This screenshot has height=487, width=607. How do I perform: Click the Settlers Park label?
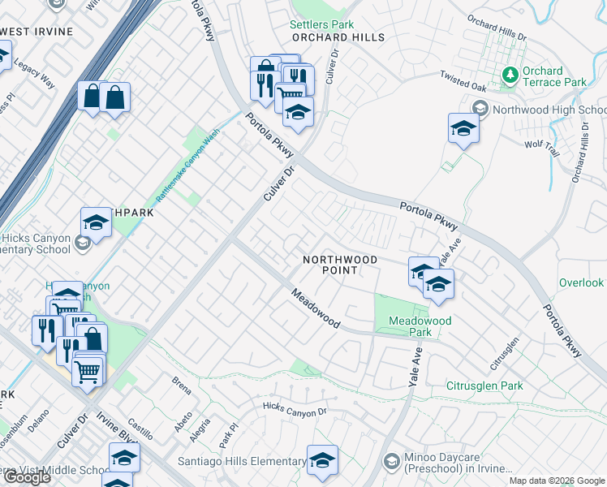point(322,24)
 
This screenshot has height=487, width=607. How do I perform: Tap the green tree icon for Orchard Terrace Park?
point(510,75)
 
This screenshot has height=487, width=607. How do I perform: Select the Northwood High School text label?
point(549,110)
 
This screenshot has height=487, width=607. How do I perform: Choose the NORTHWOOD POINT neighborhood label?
point(340,265)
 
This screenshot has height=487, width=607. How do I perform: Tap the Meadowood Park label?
point(420,326)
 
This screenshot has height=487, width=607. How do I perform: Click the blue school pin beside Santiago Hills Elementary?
point(322,459)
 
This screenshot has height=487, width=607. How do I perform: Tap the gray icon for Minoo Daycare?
point(392,462)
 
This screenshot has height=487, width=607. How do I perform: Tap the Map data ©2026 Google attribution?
point(556,481)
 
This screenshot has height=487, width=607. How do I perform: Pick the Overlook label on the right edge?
point(581,282)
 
